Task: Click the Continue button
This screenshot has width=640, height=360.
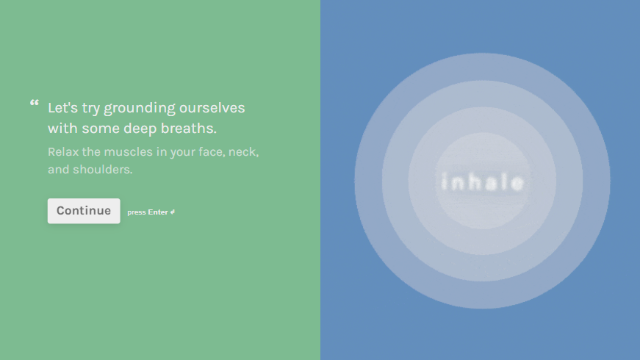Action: coord(84,211)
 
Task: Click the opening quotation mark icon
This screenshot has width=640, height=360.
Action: coord(34,103)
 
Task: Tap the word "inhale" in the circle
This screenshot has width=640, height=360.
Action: coord(482,182)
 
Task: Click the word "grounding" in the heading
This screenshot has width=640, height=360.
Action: coord(139,109)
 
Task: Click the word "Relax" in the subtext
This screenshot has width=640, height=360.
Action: coord(63,152)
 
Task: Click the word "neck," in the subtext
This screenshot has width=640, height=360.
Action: coord(243,152)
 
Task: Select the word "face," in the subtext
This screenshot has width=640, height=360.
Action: coord(208,152)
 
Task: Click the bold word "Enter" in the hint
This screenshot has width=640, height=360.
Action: coord(158,212)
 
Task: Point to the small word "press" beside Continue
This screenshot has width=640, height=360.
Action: coord(137,212)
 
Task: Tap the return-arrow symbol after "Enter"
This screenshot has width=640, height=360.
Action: coord(173,212)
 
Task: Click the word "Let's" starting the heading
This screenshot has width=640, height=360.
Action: coord(62,108)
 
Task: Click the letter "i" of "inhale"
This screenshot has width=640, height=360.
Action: coord(443,182)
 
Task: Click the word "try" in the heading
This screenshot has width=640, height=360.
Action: coord(90,109)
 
